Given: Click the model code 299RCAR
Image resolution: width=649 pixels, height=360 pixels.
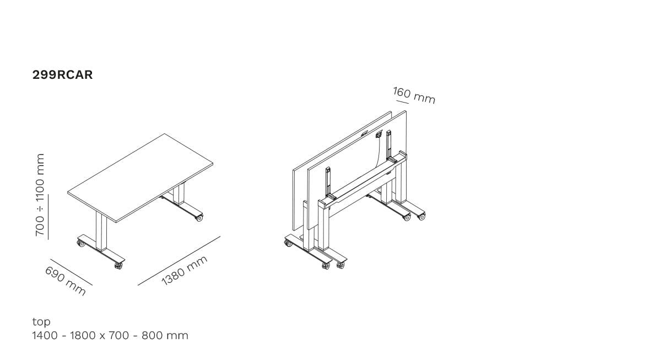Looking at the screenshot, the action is [x=62, y=74].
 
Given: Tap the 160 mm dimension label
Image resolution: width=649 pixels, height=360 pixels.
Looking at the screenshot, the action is [x=414, y=95].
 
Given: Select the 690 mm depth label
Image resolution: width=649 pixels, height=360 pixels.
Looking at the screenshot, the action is [x=66, y=281].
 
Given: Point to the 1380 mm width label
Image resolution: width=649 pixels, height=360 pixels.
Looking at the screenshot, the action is [x=184, y=271].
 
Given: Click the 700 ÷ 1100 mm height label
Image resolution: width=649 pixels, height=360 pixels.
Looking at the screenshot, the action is [x=40, y=195].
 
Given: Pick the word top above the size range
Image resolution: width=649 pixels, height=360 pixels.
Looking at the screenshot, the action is [x=41, y=321].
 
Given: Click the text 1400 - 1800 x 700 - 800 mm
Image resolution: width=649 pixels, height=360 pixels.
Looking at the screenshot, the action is [x=110, y=335].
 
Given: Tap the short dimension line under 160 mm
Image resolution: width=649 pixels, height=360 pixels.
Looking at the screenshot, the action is [x=402, y=101].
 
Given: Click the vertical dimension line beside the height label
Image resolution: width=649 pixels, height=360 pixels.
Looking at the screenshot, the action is [x=48, y=217].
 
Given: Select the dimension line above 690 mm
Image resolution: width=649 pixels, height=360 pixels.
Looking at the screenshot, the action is [x=71, y=272].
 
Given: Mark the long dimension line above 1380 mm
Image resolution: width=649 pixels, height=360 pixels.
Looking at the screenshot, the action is [x=179, y=261].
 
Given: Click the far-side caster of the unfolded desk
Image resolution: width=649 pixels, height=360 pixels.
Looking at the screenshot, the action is [x=199, y=218].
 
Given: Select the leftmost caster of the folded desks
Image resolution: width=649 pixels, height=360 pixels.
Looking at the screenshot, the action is [x=288, y=243].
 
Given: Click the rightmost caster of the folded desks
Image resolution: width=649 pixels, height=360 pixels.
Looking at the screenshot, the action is [x=421, y=216].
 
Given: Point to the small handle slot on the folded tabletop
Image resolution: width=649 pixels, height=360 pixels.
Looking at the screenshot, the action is [x=364, y=133].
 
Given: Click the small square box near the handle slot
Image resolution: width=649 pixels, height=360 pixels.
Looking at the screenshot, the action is [x=378, y=134].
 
